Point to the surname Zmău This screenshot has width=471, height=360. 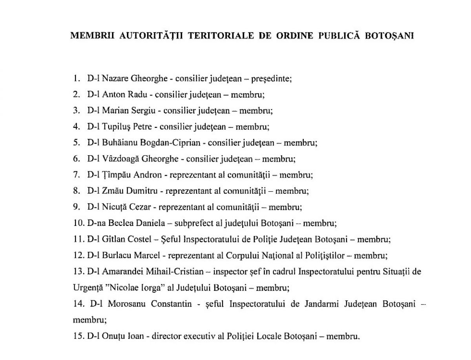[112, 191]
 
